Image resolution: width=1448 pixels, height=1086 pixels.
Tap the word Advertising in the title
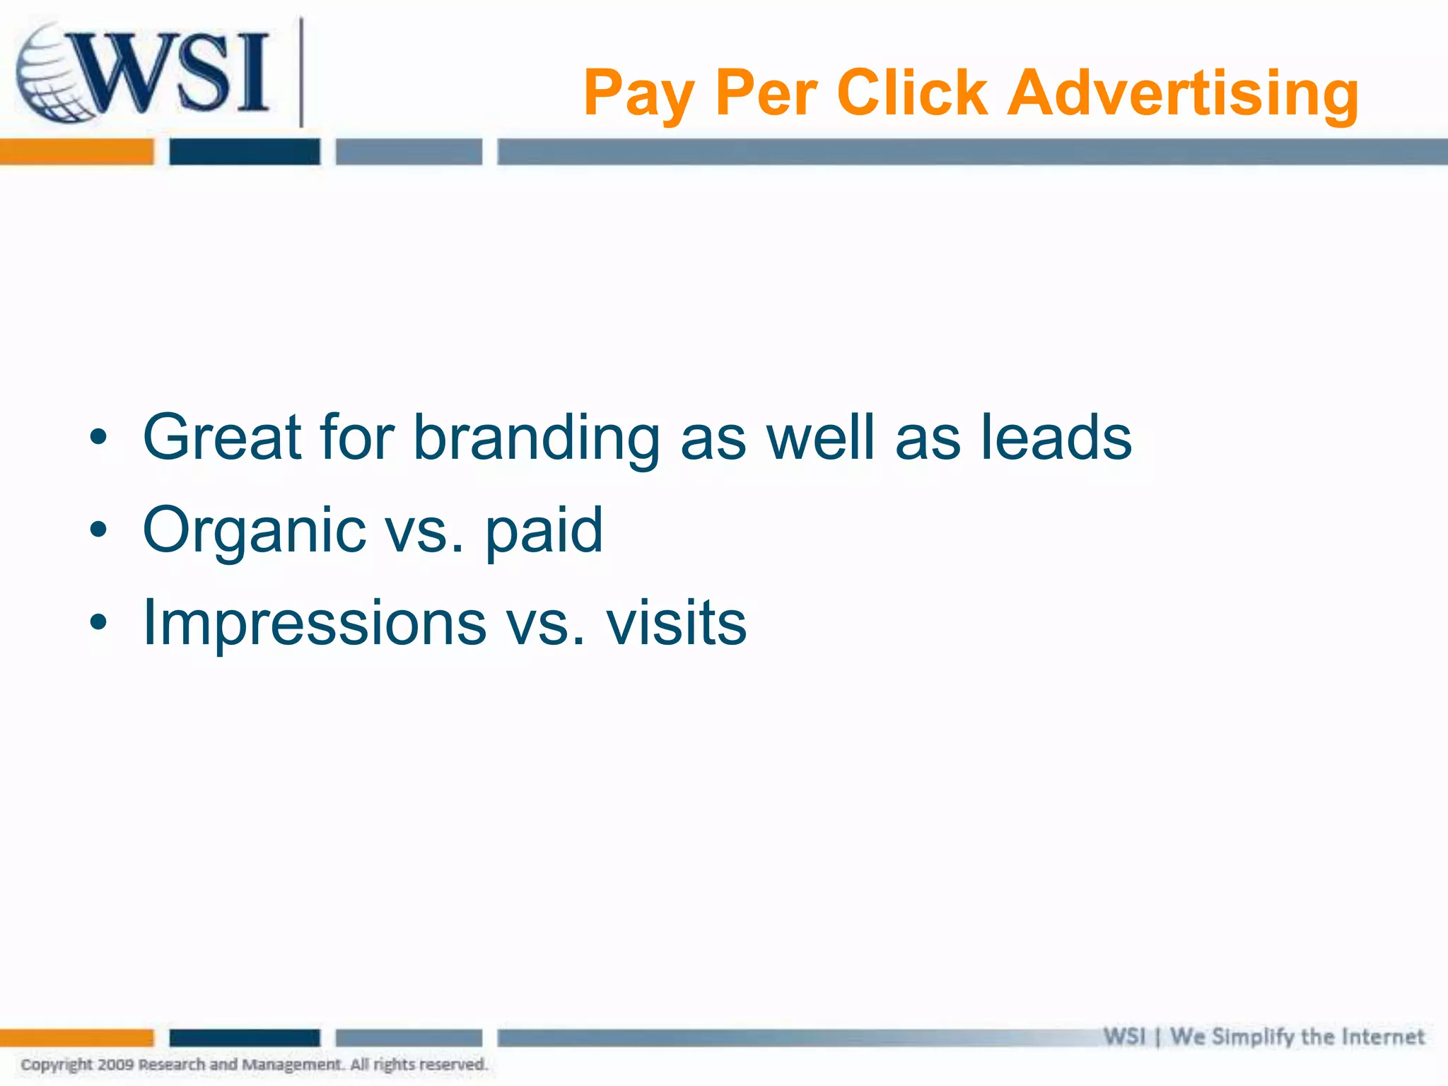coord(1182,93)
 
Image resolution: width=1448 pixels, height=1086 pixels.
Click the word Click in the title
coord(912,93)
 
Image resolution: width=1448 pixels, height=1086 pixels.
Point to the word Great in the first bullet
coord(223,438)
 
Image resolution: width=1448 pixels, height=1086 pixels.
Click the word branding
coord(537,438)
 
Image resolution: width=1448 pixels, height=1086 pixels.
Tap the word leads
coord(1056,438)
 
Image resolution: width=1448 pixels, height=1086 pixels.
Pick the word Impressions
coord(315,623)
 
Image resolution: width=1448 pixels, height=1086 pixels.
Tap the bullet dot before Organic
coord(98,530)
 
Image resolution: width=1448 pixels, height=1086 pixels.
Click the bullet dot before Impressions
coord(98,622)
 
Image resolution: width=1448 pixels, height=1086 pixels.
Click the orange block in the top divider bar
coord(76,152)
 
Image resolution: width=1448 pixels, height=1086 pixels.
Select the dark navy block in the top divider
coord(245,152)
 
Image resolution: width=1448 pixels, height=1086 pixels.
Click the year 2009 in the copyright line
coord(116,1065)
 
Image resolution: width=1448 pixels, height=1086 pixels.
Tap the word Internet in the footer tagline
coord(1383,1037)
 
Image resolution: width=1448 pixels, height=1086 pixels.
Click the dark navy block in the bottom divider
coord(245,1038)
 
